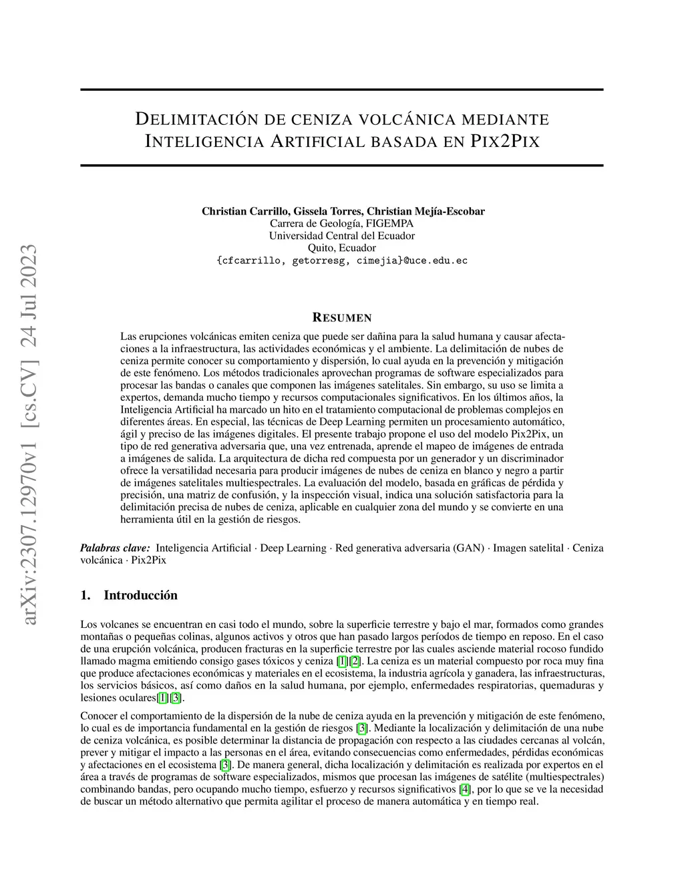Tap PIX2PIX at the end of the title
pos(505,142)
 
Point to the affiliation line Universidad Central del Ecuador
pos(341,236)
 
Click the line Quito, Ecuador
pos(341,248)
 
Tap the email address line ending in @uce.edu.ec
pos(341,260)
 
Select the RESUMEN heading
pos(342,318)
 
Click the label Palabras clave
pos(115,548)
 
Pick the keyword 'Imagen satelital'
pos(528,548)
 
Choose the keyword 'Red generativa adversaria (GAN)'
pos(409,548)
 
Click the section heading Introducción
pos(140,595)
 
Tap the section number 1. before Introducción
pos(85,595)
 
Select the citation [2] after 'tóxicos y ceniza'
pos(355,661)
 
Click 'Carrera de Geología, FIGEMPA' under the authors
pos(341,224)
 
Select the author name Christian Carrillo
pos(244,211)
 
